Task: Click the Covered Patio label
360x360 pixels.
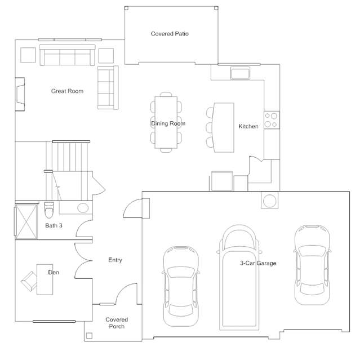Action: [170, 34]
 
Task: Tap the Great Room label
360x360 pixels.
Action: [67, 91]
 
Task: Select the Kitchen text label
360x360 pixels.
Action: [248, 126]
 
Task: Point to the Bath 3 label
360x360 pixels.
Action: [54, 225]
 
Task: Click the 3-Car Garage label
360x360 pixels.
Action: [258, 263]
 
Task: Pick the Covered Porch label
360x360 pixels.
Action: [117, 323]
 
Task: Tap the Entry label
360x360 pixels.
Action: [115, 260]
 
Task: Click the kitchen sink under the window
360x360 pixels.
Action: [240, 73]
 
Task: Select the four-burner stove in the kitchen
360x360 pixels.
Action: [272, 120]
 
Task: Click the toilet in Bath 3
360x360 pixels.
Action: [49, 210]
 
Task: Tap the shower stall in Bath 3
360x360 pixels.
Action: [26, 221]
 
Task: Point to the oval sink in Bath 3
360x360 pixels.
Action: [83, 208]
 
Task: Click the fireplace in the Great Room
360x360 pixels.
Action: [20, 94]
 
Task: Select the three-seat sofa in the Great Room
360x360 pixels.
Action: [67, 55]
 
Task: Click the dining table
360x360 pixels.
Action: [166, 122]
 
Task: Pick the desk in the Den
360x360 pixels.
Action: [45, 279]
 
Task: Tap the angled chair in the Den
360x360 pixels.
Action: [29, 281]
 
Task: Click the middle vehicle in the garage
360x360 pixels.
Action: [239, 277]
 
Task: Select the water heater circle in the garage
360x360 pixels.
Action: [270, 201]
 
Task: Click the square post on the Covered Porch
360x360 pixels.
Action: [90, 336]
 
